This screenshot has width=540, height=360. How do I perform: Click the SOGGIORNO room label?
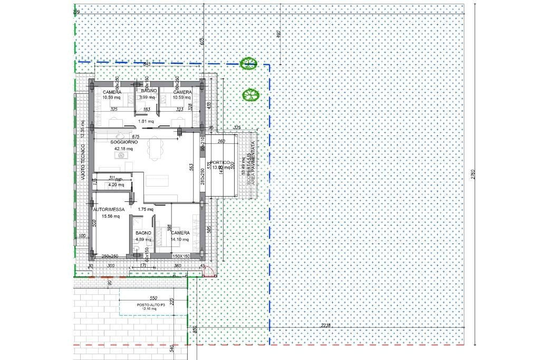(x=124, y=142)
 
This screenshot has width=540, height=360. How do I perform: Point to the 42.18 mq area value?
(x=124, y=149)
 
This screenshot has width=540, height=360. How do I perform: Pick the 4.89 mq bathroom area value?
(x=143, y=239)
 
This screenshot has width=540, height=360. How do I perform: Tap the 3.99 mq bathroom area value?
(x=147, y=97)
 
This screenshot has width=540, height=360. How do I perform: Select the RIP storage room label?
(x=119, y=180)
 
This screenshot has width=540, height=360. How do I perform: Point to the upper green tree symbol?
(x=247, y=64)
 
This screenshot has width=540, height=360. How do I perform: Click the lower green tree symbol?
(x=250, y=95)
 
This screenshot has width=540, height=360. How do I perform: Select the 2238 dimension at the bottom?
(x=325, y=325)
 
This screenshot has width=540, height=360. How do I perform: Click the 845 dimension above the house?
(x=147, y=64)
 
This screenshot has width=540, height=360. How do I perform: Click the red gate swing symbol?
(x=209, y=272)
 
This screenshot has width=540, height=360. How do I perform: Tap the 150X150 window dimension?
(x=181, y=256)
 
